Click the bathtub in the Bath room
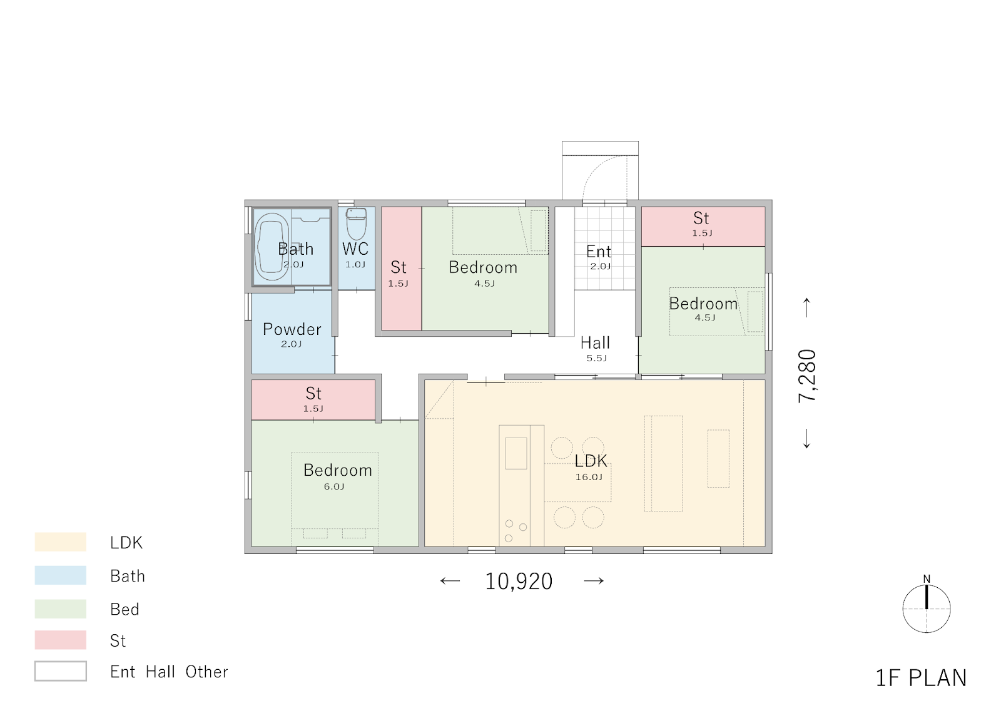coord(272,247)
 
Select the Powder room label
coord(292,330)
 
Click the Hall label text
coord(595,343)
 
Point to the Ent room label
coord(598,252)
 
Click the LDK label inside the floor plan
coord(591,461)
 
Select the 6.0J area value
coord(334,486)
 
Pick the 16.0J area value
coord(589,477)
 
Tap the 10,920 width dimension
coord(519,582)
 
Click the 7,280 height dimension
coord(807,376)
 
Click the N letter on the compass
coord(927,579)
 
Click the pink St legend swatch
coord(60,640)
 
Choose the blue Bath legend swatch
coord(60,575)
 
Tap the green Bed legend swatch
coord(60,608)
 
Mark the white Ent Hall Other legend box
coord(60,671)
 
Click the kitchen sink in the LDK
coord(516,453)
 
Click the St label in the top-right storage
coord(701,218)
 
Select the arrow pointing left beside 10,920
coord(450,581)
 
